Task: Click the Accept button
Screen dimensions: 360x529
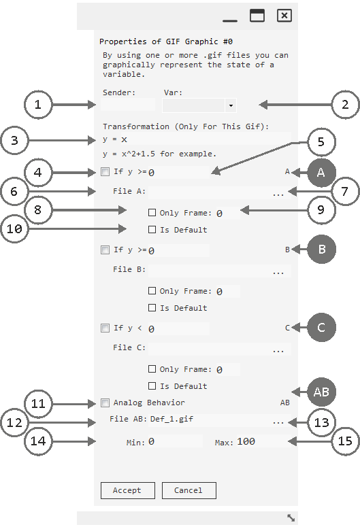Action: pyautogui.click(x=128, y=490)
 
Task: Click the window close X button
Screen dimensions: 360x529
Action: pyautogui.click(x=284, y=16)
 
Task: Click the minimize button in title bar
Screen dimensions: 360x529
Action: pyautogui.click(x=230, y=21)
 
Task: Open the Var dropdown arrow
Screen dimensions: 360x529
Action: pyautogui.click(x=231, y=105)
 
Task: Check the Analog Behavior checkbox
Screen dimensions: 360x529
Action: pyautogui.click(x=105, y=403)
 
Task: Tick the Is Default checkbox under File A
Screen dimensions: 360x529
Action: pyautogui.click(x=152, y=230)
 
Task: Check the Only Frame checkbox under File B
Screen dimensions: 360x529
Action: pyautogui.click(x=152, y=291)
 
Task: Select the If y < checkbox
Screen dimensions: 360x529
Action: pyautogui.click(x=105, y=328)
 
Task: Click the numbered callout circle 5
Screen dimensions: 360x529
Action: pyautogui.click(x=321, y=142)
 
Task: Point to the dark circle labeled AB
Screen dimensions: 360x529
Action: pyautogui.click(x=321, y=392)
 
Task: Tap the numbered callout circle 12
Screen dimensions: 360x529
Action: pyautogui.click(x=14, y=422)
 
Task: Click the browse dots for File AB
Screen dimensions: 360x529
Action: pyautogui.click(x=278, y=422)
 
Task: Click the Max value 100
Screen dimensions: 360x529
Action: pyautogui.click(x=246, y=441)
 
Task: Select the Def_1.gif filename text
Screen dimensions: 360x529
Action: pyautogui.click(x=171, y=419)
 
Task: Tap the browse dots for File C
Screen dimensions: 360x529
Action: pyautogui.click(x=278, y=352)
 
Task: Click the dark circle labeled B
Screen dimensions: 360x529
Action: pyautogui.click(x=321, y=249)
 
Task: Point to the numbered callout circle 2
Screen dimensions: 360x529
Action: pyautogui.click(x=345, y=105)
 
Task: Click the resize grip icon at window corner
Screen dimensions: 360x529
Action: pyautogui.click(x=291, y=517)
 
